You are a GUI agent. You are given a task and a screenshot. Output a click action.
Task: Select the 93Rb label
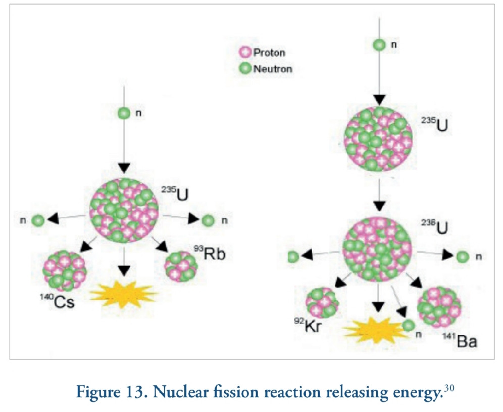(x=209, y=252)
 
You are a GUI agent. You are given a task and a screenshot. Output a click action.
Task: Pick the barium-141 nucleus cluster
(x=439, y=306)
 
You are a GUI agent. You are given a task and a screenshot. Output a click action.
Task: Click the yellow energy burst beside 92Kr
(x=374, y=329)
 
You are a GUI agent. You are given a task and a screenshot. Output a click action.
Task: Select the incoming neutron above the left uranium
(x=124, y=113)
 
